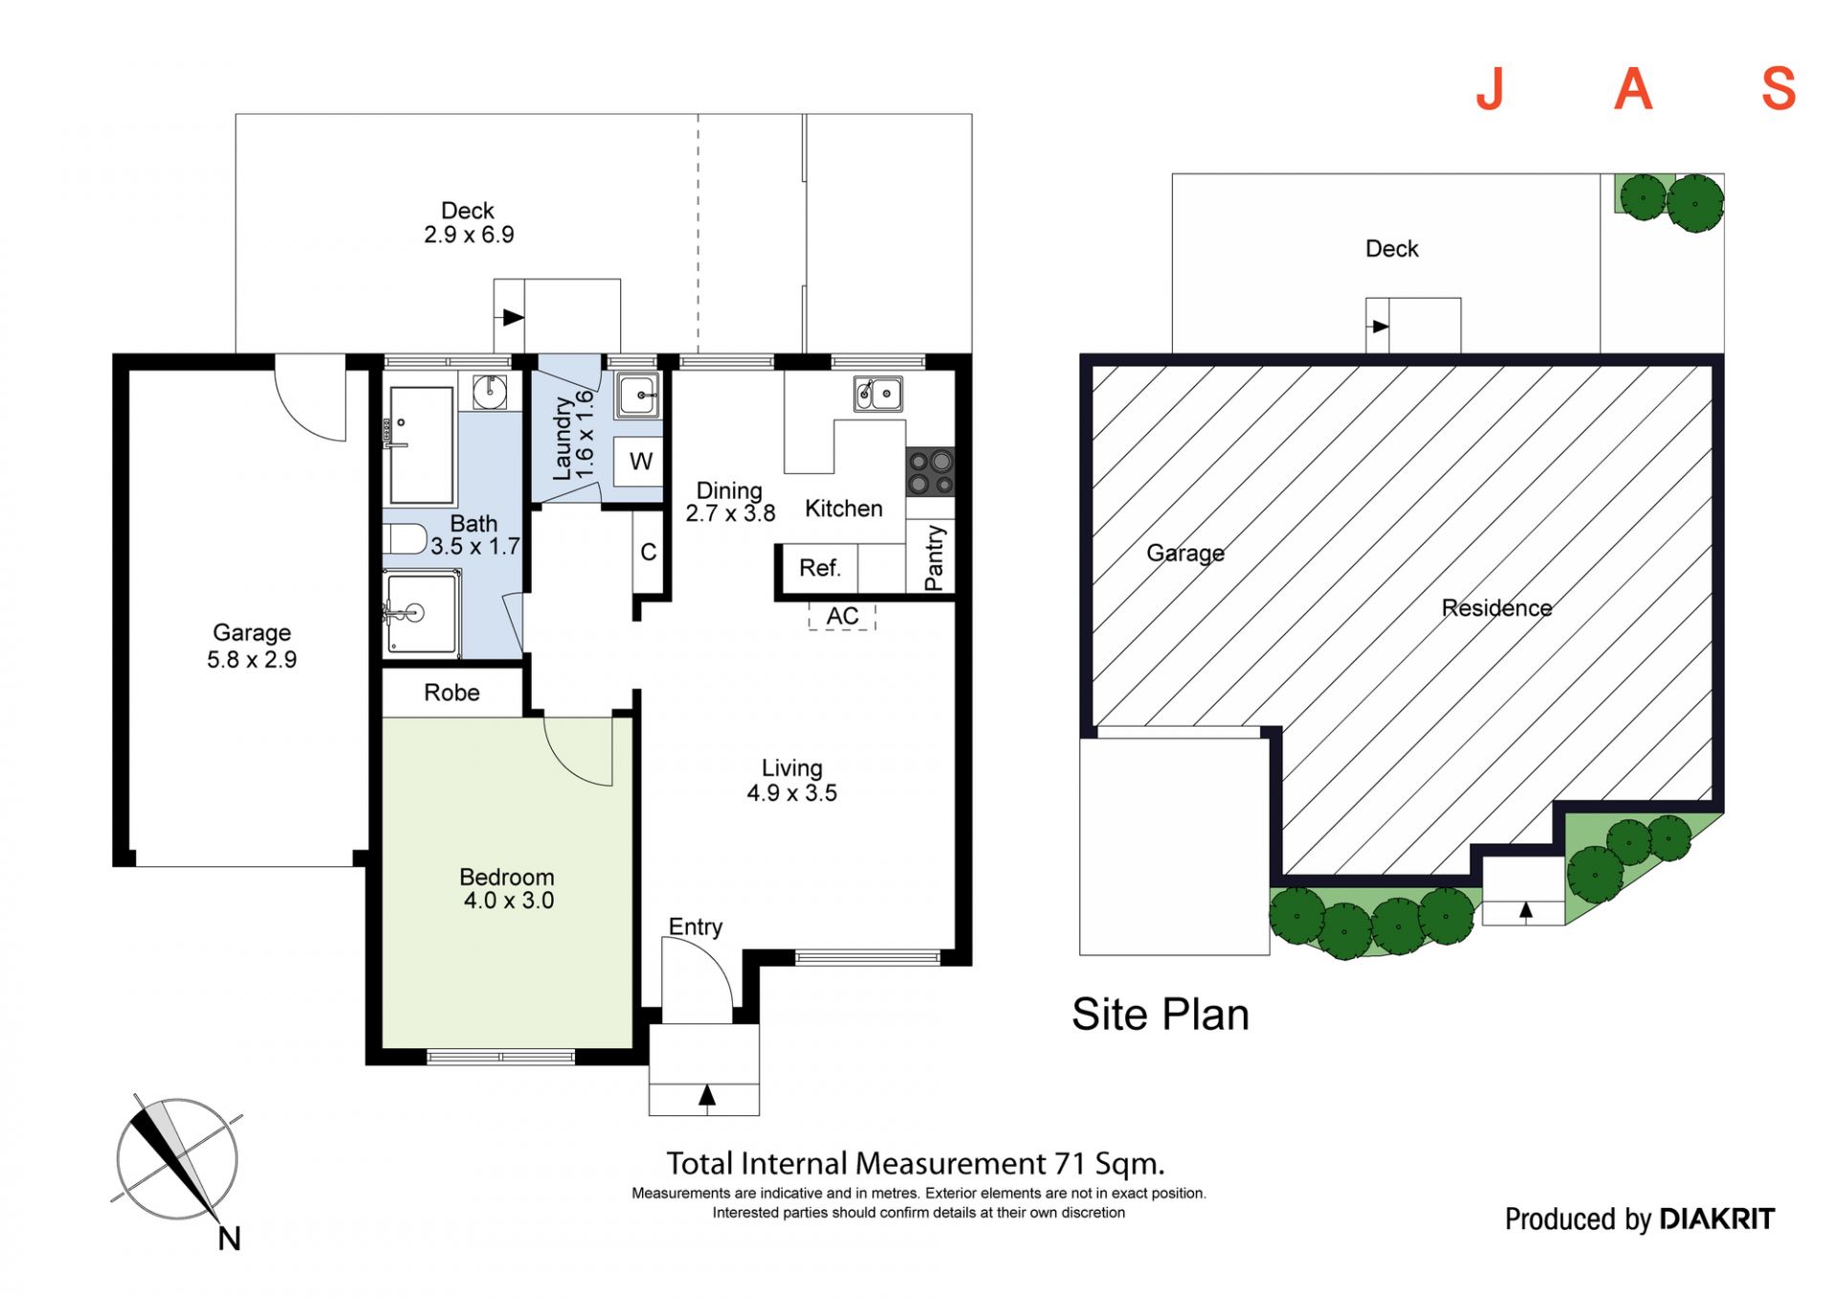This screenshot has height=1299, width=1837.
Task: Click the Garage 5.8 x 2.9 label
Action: pyautogui.click(x=252, y=646)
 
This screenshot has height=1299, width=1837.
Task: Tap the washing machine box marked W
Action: pyautogui.click(x=640, y=461)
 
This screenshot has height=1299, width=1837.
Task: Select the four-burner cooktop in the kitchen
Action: pyautogui.click(x=930, y=472)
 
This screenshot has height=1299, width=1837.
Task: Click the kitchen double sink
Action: pyautogui.click(x=878, y=393)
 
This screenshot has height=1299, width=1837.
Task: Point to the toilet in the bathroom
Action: pyautogui.click(x=405, y=539)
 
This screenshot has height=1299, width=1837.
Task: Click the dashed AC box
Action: pyautogui.click(x=842, y=616)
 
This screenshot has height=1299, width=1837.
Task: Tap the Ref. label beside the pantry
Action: pyautogui.click(x=820, y=569)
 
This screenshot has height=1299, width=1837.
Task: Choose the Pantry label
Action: pyautogui.click(x=934, y=558)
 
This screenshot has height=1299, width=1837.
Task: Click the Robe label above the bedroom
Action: pyautogui.click(x=452, y=692)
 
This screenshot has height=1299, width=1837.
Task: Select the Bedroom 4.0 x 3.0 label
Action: pyautogui.click(x=508, y=888)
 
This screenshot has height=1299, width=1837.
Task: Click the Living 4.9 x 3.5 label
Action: pyautogui.click(x=791, y=780)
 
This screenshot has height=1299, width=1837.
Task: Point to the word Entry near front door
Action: pyautogui.click(x=696, y=927)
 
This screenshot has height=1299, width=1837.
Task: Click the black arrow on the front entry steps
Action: pyautogui.click(x=706, y=1094)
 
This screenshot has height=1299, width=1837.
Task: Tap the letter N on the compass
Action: pyautogui.click(x=230, y=1239)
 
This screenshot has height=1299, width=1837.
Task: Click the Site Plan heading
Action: pyautogui.click(x=1161, y=1015)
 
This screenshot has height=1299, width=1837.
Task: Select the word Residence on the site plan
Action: pyautogui.click(x=1496, y=608)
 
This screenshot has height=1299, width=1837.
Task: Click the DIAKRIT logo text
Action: pyautogui.click(x=1717, y=1219)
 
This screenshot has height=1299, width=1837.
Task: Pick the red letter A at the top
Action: pyautogui.click(x=1633, y=89)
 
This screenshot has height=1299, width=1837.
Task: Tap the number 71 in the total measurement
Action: pyautogui.click(x=1071, y=1164)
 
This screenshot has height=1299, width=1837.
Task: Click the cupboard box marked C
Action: pyautogui.click(x=648, y=552)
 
